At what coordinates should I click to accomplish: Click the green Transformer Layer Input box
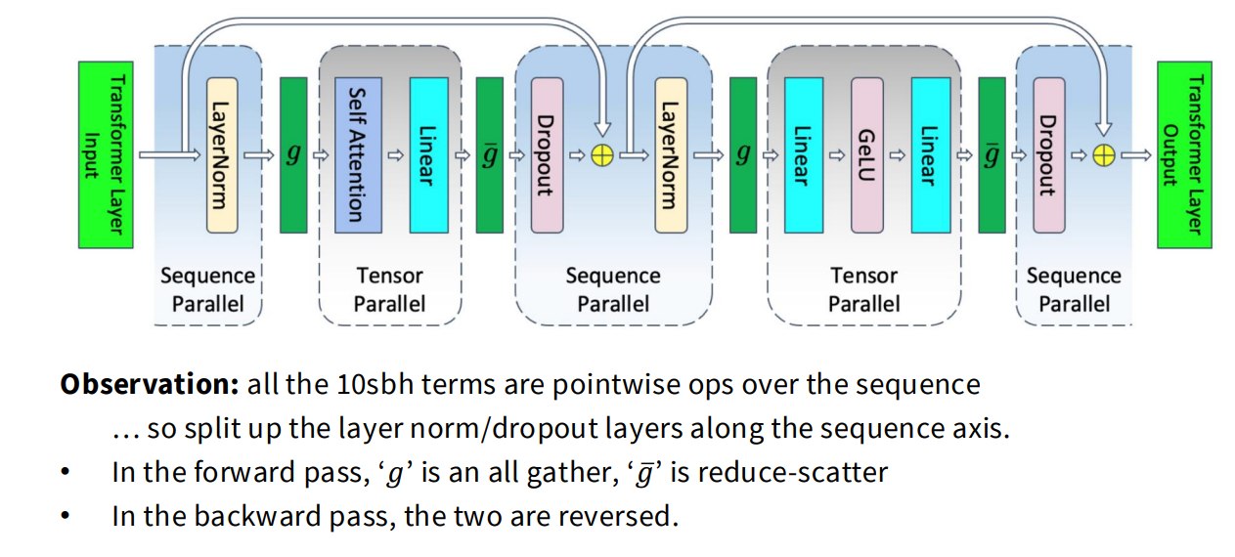(106, 154)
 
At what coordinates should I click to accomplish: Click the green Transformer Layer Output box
(1184, 154)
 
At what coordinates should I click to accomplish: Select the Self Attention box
(358, 155)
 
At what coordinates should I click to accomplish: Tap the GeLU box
(867, 155)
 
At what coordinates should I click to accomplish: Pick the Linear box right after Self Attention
(429, 155)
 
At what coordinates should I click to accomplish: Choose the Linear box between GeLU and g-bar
(931, 155)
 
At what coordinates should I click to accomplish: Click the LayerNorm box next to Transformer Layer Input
(222, 155)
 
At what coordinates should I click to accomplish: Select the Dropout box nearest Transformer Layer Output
(1049, 155)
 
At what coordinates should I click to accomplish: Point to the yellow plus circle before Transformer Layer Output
(1104, 155)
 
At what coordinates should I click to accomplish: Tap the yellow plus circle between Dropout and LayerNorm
(602, 155)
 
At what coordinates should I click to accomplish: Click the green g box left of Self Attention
(294, 155)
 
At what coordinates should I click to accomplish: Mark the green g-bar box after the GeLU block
(992, 155)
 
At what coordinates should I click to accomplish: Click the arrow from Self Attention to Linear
(396, 155)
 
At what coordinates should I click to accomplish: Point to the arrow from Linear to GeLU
(837, 155)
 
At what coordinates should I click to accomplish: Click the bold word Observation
(150, 384)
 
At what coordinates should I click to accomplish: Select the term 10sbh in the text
(375, 384)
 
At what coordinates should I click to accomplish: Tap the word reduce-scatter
(779, 473)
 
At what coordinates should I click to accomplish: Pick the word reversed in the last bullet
(618, 516)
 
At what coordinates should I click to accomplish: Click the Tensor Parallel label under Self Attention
(390, 289)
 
